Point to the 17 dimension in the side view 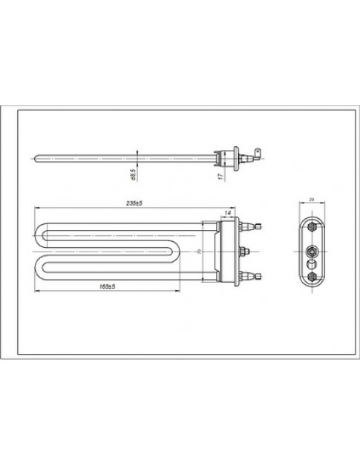(220, 175)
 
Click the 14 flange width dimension (228, 214)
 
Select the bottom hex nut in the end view (312, 276)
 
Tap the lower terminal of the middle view (254, 276)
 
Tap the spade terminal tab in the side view (257, 155)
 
